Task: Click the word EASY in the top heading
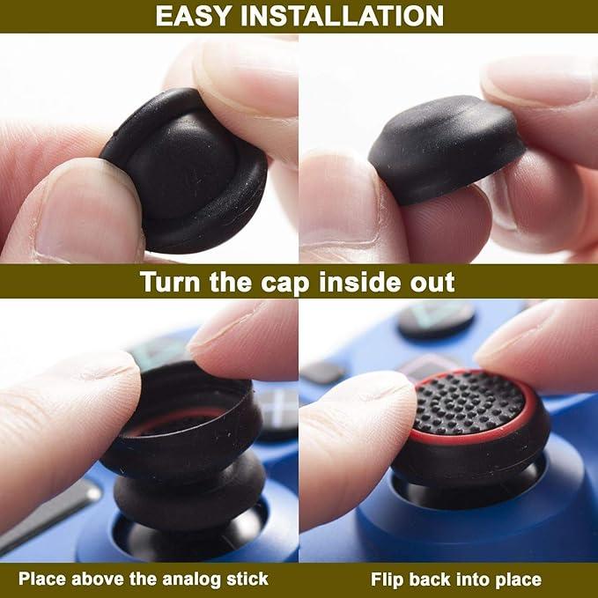[x=195, y=16]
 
